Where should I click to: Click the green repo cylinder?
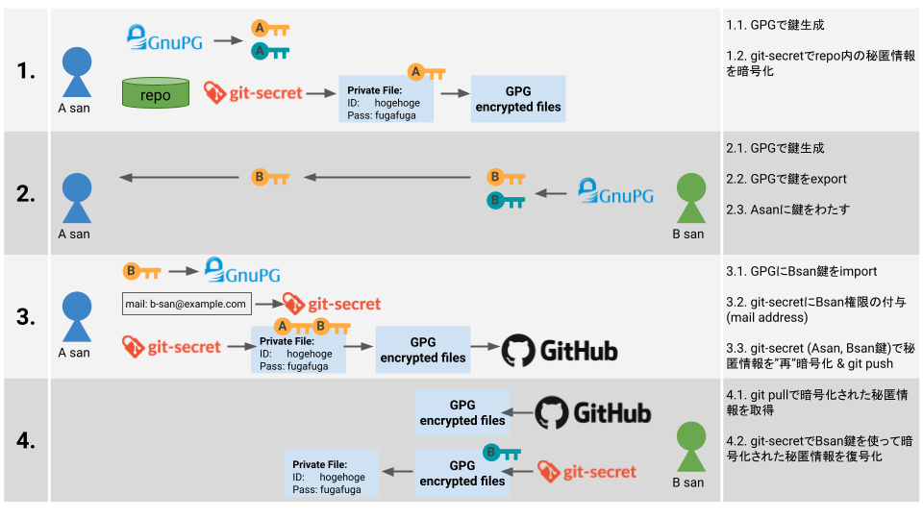[155, 94]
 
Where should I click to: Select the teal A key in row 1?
[270, 51]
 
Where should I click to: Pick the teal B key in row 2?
[505, 201]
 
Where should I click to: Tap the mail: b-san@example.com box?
[187, 304]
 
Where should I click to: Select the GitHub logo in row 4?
[592, 412]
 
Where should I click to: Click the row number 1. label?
[26, 70]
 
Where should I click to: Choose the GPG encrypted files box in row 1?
[518, 99]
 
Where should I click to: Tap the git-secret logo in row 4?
[586, 471]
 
